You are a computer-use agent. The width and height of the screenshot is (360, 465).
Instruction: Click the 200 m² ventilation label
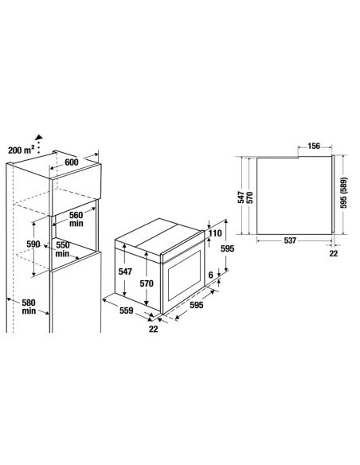pyautogui.click(x=21, y=150)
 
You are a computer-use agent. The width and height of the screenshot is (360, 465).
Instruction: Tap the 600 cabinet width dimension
pyautogui.click(x=72, y=162)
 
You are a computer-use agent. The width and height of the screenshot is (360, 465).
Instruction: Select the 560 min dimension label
pyautogui.click(x=76, y=219)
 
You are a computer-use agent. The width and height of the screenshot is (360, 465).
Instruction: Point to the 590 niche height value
pyautogui.click(x=33, y=244)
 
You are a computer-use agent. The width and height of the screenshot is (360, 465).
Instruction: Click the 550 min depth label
pyautogui.click(x=63, y=249)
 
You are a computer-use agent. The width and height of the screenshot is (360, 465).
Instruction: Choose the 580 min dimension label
pyautogui.click(x=29, y=307)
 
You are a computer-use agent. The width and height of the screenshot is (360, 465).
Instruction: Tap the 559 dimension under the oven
pyautogui.click(x=127, y=311)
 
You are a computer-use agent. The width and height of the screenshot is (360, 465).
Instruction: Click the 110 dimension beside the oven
pyautogui.click(x=215, y=233)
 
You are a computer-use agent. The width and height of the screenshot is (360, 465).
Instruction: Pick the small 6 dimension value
pyautogui.click(x=210, y=275)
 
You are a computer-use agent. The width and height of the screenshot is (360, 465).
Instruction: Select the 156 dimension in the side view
pyautogui.click(x=314, y=146)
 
